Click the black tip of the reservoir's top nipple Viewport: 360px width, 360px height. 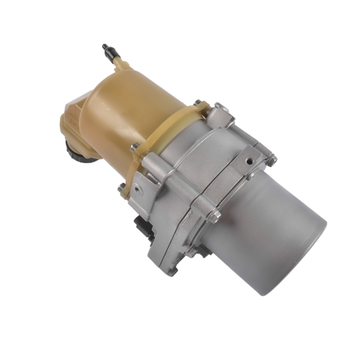pyautogui.click(x=106, y=47)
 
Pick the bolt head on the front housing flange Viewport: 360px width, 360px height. pyautogui.click(x=215, y=214)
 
